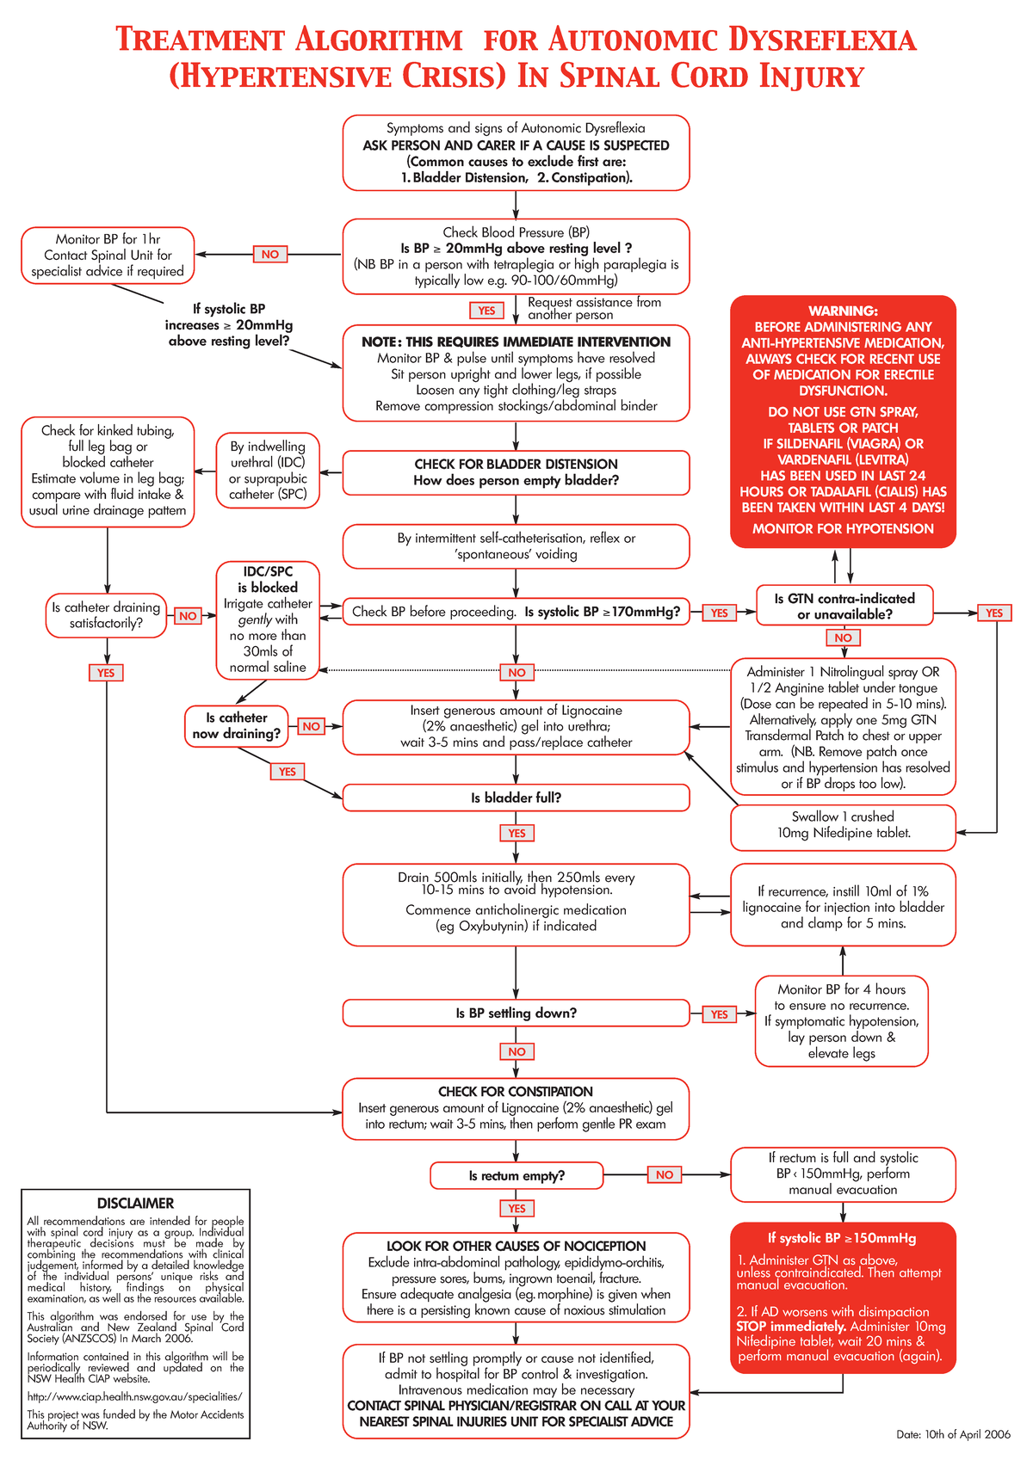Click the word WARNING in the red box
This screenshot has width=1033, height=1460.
(843, 311)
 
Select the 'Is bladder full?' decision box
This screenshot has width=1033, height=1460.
(516, 798)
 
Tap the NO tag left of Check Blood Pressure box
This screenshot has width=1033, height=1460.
(270, 255)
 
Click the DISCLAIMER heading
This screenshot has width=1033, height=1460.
(135, 1203)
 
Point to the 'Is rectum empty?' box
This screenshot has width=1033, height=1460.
(516, 1175)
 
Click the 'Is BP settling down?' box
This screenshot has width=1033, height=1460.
(516, 1013)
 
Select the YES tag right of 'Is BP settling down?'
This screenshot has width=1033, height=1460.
(719, 1014)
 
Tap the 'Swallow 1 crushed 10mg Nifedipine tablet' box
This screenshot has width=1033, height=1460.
(843, 825)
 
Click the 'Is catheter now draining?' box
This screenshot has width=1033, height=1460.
(237, 725)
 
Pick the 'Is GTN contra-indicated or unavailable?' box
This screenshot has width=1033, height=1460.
(844, 606)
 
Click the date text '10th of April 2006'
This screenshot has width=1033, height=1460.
(954, 1434)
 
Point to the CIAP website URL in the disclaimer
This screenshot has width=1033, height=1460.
(135, 1396)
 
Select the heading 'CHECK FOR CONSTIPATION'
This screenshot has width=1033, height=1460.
(516, 1091)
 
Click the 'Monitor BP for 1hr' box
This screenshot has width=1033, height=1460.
(108, 255)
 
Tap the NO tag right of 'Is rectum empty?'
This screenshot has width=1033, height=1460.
(665, 1174)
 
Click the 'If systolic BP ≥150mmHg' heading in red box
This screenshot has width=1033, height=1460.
(842, 1238)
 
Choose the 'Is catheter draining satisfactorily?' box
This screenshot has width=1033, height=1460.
(106, 615)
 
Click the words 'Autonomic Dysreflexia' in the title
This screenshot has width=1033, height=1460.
(732, 40)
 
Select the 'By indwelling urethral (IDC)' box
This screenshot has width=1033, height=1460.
(268, 470)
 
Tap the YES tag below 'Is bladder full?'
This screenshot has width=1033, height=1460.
(516, 833)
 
